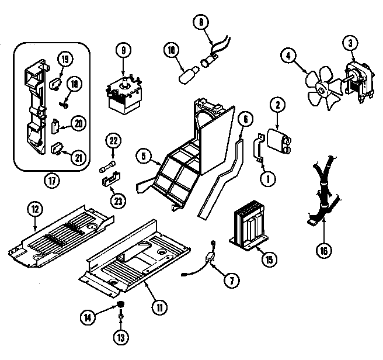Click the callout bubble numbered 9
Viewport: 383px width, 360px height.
[x=123, y=51]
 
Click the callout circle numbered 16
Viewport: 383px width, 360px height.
[x=325, y=251]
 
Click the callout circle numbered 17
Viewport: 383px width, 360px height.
[x=53, y=181]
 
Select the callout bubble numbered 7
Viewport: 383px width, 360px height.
[x=231, y=279]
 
